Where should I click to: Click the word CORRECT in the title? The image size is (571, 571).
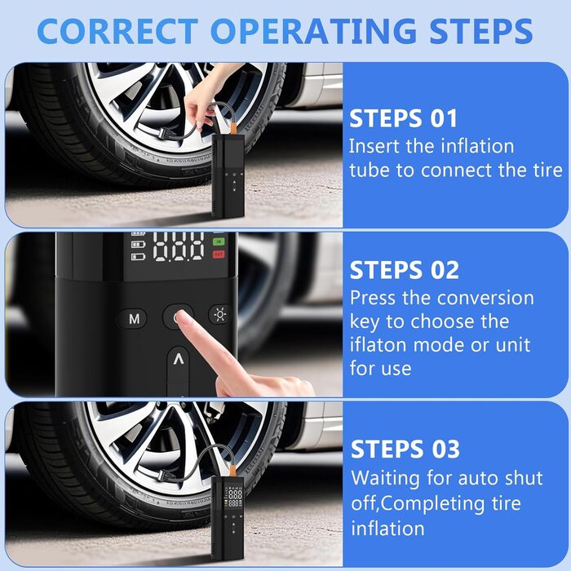point(117,31)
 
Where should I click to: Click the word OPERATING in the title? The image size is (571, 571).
point(313,31)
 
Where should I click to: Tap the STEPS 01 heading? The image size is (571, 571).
point(403,118)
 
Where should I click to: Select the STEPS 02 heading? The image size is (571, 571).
point(405,270)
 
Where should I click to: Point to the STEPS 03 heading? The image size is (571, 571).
point(405,449)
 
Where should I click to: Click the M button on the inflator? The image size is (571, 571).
point(133,319)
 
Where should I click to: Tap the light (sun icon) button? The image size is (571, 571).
point(220,314)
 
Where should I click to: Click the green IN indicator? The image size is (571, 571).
point(219,241)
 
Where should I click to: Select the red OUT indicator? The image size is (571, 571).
point(219,255)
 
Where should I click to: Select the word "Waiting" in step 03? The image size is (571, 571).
point(385,479)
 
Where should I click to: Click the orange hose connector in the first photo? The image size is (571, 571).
point(232,128)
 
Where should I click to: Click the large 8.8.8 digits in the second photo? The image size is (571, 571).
point(179,247)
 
